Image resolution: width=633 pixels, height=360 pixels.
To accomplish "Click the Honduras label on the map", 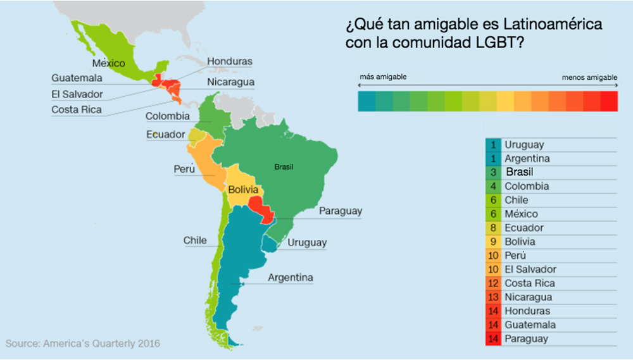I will coord(230,61).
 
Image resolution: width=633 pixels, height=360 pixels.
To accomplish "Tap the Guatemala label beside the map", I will coord(77,78).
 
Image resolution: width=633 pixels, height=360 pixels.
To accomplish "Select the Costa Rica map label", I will coord(76,110).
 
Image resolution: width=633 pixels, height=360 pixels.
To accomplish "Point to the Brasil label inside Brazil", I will coord(284,168).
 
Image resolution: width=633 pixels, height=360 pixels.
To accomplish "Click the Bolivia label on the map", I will coord(244,189).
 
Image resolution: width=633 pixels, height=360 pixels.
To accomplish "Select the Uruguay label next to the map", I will coord(307,242).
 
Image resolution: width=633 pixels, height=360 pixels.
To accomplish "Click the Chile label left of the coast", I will coord(195,240).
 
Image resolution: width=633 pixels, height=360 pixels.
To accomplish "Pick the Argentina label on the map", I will coord(290,278).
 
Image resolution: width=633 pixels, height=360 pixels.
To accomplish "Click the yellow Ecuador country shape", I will coord(197,135).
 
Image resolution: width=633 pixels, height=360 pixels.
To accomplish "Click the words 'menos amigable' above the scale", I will coord(589,77).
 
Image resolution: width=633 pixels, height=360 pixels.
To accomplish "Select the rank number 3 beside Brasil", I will coord(493,172).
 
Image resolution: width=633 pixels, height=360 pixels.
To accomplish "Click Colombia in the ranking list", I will coord(526,186).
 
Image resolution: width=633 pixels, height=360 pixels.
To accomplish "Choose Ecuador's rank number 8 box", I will coord(493,228).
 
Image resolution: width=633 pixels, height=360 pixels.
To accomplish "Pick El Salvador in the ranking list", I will coord(530,270).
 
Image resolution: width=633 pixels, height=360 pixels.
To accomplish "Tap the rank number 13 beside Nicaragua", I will coord(493,297).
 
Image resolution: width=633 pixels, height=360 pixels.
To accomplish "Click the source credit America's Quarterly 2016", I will coord(83,344).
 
